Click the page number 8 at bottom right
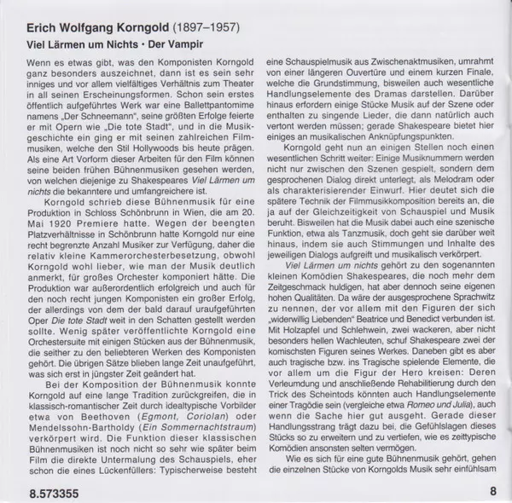pos(493,492)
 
